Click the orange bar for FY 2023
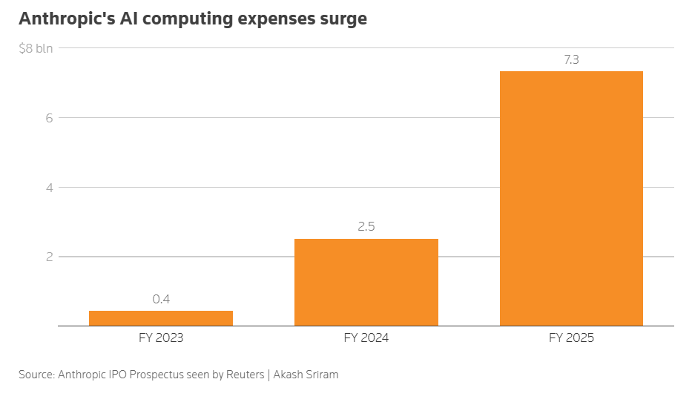tap(161, 318)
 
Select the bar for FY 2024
tap(366, 283)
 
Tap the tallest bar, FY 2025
tap(571, 199)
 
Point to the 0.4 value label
tap(161, 299)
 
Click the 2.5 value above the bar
tap(366, 227)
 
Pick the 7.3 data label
tap(572, 59)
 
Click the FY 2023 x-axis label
tap(161, 338)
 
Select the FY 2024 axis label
tap(366, 338)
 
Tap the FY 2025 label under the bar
tap(572, 338)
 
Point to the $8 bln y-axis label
tap(36, 48)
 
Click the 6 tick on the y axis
tap(49, 118)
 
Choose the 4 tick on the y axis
tap(49, 188)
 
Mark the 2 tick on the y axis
tap(49, 257)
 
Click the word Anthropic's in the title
tap(67, 19)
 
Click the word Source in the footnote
tap(36, 375)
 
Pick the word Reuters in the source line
tap(245, 375)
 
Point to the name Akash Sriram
tap(306, 375)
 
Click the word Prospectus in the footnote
tap(156, 375)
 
